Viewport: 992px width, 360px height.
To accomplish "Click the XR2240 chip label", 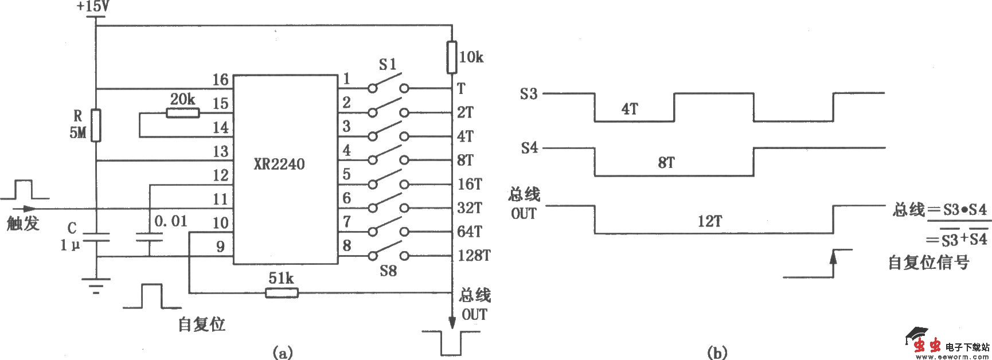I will (279, 165).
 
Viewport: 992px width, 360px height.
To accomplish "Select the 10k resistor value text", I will (472, 57).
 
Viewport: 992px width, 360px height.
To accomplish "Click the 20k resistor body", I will (183, 113).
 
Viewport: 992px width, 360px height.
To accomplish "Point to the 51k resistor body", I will (282, 294).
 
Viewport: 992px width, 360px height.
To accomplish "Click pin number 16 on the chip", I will (220, 80).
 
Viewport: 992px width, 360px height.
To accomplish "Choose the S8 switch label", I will (388, 271).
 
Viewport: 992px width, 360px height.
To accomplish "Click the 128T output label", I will (474, 256).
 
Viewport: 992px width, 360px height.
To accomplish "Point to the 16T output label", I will (470, 184).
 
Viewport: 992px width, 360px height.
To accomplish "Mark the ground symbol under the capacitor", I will (96, 285).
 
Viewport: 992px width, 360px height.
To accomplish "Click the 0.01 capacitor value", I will (171, 221).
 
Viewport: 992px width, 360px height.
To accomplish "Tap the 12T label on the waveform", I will (709, 222).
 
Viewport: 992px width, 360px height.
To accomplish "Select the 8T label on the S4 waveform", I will (665, 163).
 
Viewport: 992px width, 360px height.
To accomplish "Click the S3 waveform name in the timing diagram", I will (529, 93).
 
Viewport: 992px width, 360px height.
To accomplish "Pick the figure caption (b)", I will (718, 352).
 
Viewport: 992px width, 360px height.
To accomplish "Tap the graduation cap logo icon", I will (916, 335).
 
